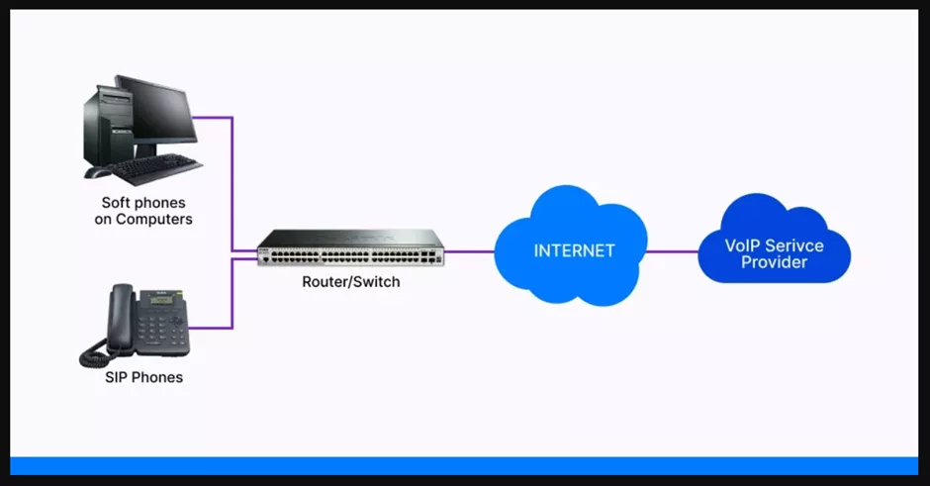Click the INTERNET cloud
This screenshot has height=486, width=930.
[572, 248]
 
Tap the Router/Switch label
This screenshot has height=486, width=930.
[351, 282]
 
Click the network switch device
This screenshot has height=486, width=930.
[349, 246]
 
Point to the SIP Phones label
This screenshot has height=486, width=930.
[143, 377]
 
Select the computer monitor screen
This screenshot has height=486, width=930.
[156, 109]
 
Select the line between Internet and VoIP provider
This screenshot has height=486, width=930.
[673, 250]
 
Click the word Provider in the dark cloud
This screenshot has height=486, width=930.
[774, 262]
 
